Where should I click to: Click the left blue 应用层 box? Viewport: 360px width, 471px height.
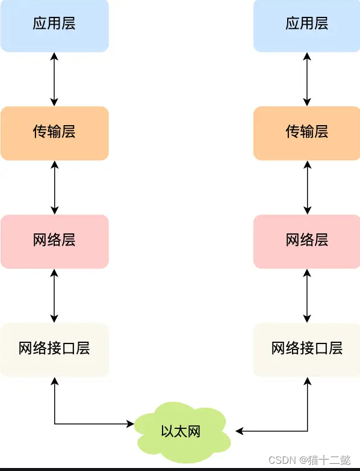click(54, 25)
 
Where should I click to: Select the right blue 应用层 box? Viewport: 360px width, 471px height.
click(307, 25)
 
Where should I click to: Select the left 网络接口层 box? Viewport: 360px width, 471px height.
click(54, 349)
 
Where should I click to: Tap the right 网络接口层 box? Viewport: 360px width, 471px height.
click(307, 349)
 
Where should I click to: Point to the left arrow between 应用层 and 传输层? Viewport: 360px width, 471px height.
click(55, 79)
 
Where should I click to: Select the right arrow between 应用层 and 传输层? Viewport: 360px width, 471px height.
click(308, 79)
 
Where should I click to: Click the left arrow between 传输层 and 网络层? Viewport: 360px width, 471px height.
click(55, 187)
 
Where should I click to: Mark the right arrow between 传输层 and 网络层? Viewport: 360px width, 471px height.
click(308, 187)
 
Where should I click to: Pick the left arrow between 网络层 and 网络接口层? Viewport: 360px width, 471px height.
click(55, 295)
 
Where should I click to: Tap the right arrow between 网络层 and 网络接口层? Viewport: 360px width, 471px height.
click(308, 295)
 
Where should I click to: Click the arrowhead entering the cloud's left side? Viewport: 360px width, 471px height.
click(130, 424)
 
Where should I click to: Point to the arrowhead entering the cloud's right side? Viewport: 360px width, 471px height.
click(240, 431)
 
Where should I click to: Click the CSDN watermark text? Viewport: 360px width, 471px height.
click(281, 460)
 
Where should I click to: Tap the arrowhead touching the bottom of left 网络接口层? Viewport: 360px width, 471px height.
click(55, 381)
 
